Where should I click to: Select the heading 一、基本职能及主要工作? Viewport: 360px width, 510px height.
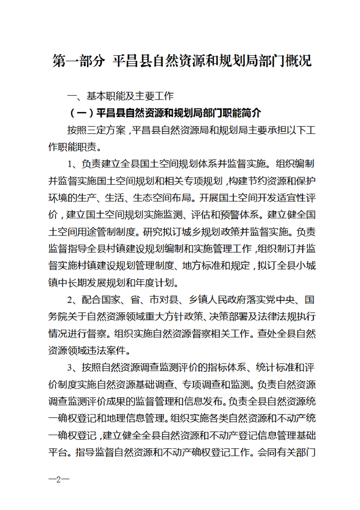point(120,96)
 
